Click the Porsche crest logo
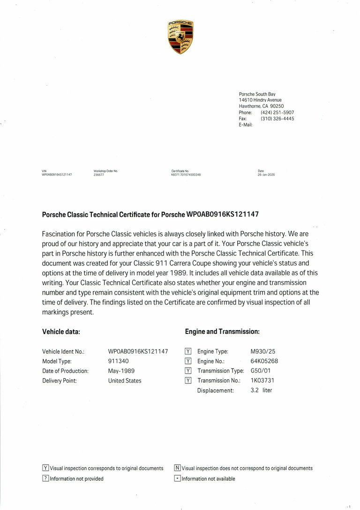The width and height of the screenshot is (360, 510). coord(180,37)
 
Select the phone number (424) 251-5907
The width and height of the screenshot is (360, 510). coord(277,112)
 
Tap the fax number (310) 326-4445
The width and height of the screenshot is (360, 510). coord(277,118)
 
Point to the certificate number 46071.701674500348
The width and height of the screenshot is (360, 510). coord(186,175)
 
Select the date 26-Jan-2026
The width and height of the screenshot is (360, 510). coord(266,175)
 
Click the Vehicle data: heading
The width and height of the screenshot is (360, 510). coord(61,332)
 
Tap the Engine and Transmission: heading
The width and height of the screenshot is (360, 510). coord(222,332)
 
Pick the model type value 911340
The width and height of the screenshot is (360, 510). coord(119,361)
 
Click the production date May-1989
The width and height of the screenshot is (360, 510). coord(121,371)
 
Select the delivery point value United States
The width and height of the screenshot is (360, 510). coord(125,381)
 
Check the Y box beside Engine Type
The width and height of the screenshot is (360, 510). coord(188,351)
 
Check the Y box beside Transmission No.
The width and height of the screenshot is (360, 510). coord(188,381)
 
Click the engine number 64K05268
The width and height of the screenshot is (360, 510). coord(264,361)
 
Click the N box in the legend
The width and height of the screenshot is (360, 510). coord(177,468)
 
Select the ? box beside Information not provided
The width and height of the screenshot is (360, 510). coord(45,479)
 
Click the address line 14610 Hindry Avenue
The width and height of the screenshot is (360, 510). coord(260,100)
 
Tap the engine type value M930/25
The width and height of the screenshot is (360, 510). coord(262,351)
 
